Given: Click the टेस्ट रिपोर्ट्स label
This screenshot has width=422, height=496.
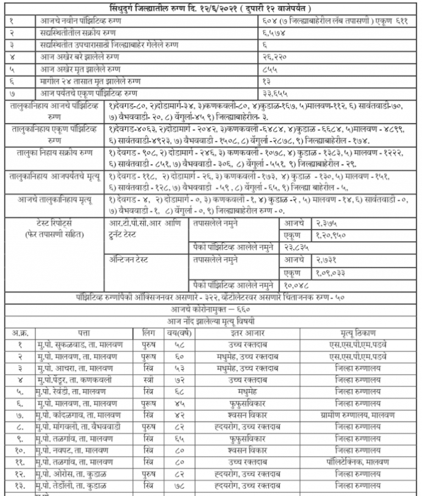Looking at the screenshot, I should pos(57,224).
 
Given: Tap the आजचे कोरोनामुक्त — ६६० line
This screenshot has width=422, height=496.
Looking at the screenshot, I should pos(211,309).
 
